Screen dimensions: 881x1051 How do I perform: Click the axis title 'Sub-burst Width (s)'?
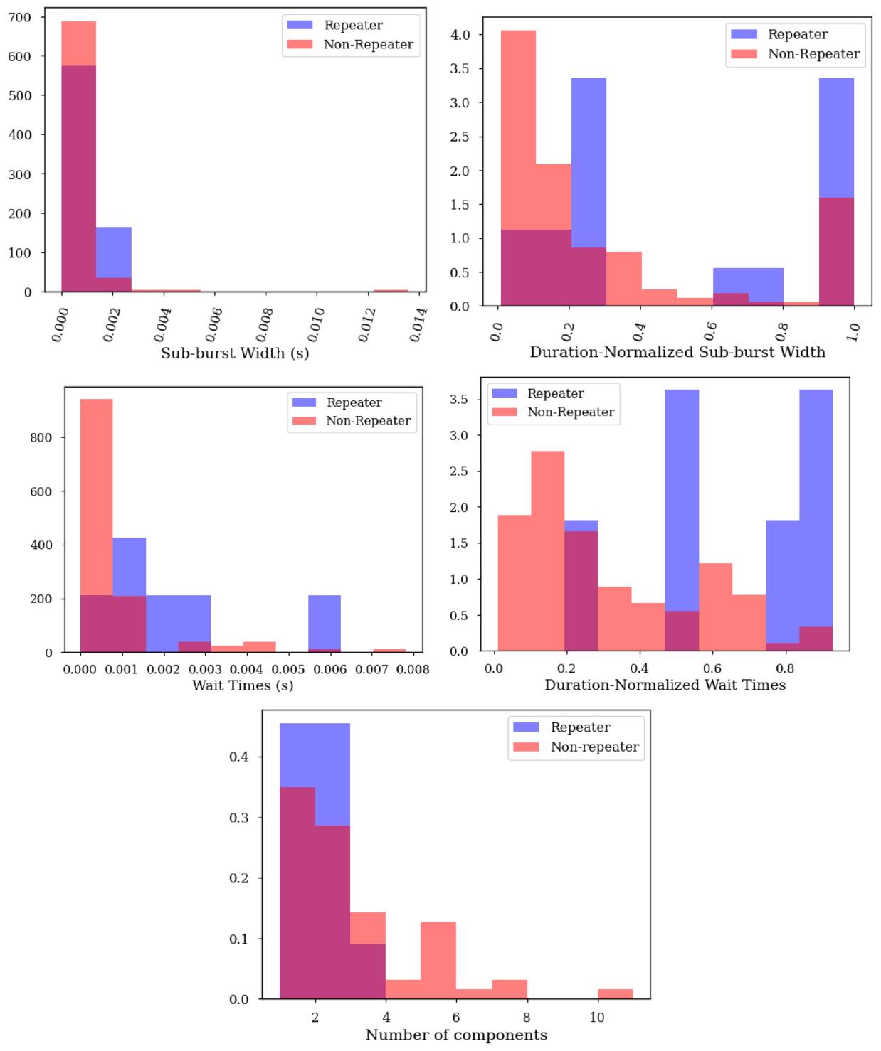click(x=235, y=353)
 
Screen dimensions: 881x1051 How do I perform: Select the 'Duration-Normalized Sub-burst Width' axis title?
click(x=677, y=352)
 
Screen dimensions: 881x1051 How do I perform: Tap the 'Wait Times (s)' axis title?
click(x=243, y=685)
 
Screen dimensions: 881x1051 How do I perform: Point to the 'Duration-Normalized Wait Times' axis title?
click(x=665, y=685)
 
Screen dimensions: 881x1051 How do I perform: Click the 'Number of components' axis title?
click(x=456, y=1035)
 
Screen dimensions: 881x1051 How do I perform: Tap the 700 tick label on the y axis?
click(x=20, y=18)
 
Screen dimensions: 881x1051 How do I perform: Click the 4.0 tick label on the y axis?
click(x=460, y=35)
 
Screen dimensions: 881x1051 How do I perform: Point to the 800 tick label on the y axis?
click(x=41, y=438)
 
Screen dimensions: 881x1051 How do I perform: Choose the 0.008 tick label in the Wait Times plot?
click(x=413, y=669)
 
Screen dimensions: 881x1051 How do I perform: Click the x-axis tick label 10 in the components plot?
click(x=597, y=1017)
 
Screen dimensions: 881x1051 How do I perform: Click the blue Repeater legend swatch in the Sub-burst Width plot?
click(x=300, y=25)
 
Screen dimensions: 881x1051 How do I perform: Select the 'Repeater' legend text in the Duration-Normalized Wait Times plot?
click(x=556, y=393)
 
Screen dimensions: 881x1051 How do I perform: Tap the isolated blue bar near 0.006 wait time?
click(x=325, y=624)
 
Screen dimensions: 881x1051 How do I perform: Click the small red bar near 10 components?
click(x=615, y=993)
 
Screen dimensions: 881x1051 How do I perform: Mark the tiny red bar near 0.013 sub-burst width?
click(x=391, y=290)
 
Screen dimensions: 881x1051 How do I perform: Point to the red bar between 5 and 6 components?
click(x=438, y=960)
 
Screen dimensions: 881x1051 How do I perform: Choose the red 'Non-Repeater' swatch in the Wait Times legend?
click(x=305, y=420)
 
